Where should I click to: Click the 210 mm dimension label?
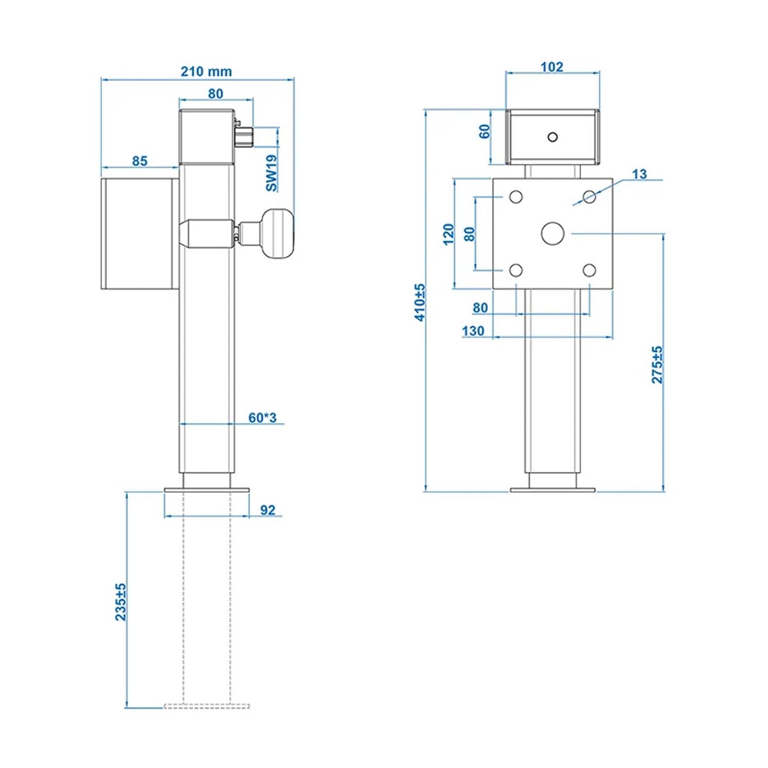(206, 71)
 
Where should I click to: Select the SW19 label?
(272, 173)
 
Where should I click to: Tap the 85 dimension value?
(140, 161)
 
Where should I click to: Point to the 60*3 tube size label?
(263, 418)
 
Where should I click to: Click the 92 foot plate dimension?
(268, 510)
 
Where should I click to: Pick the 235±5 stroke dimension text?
(121, 602)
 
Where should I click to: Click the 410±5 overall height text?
(420, 302)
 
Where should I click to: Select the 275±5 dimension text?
(657, 365)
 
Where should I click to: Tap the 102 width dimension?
(552, 67)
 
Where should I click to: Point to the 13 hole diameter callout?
(639, 174)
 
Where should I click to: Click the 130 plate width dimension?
(473, 331)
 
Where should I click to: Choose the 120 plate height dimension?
(449, 234)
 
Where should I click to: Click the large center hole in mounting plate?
(552, 234)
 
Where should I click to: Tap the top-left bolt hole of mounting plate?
(516, 197)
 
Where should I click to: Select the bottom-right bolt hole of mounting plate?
(589, 271)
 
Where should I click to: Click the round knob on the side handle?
(281, 234)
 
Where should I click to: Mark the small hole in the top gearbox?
(552, 137)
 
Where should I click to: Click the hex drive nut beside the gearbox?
(244, 136)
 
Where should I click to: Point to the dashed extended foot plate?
(207, 706)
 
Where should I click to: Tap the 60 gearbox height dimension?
(484, 131)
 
